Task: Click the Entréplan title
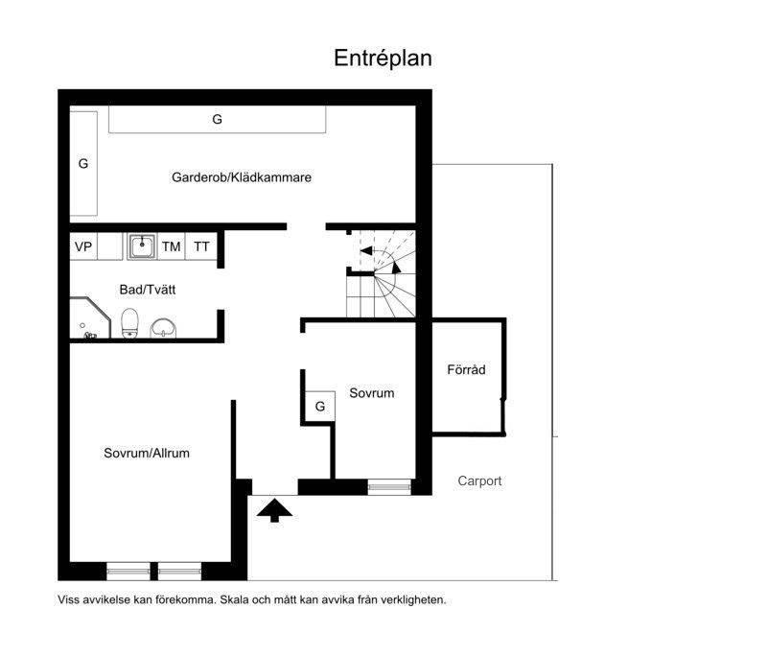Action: click(383, 59)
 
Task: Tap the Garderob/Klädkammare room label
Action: click(242, 177)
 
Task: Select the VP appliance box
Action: click(83, 246)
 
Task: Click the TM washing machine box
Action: click(172, 246)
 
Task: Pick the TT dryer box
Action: click(201, 246)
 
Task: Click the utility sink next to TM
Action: click(142, 246)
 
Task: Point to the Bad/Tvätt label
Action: click(148, 290)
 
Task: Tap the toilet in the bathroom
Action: click(129, 323)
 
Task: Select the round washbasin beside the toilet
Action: click(163, 328)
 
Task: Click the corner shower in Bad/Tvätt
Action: click(89, 318)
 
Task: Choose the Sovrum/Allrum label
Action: click(147, 453)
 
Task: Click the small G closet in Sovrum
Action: click(320, 406)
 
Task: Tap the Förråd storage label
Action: click(466, 369)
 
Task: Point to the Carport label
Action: click(479, 480)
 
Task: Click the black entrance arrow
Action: click(274, 510)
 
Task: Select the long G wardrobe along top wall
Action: click(218, 119)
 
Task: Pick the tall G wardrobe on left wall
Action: click(83, 163)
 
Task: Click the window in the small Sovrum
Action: click(389, 487)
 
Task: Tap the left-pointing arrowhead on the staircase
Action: click(366, 251)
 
